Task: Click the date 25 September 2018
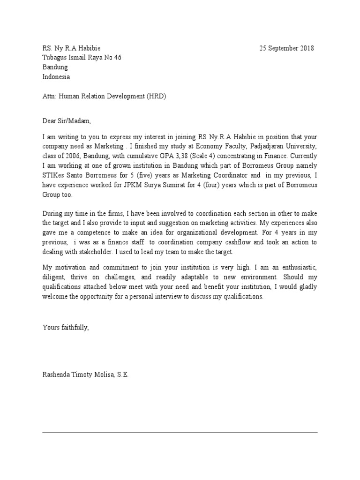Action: pos(287,48)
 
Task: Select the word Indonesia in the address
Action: pos(57,77)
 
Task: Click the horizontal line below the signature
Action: pos(180,432)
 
